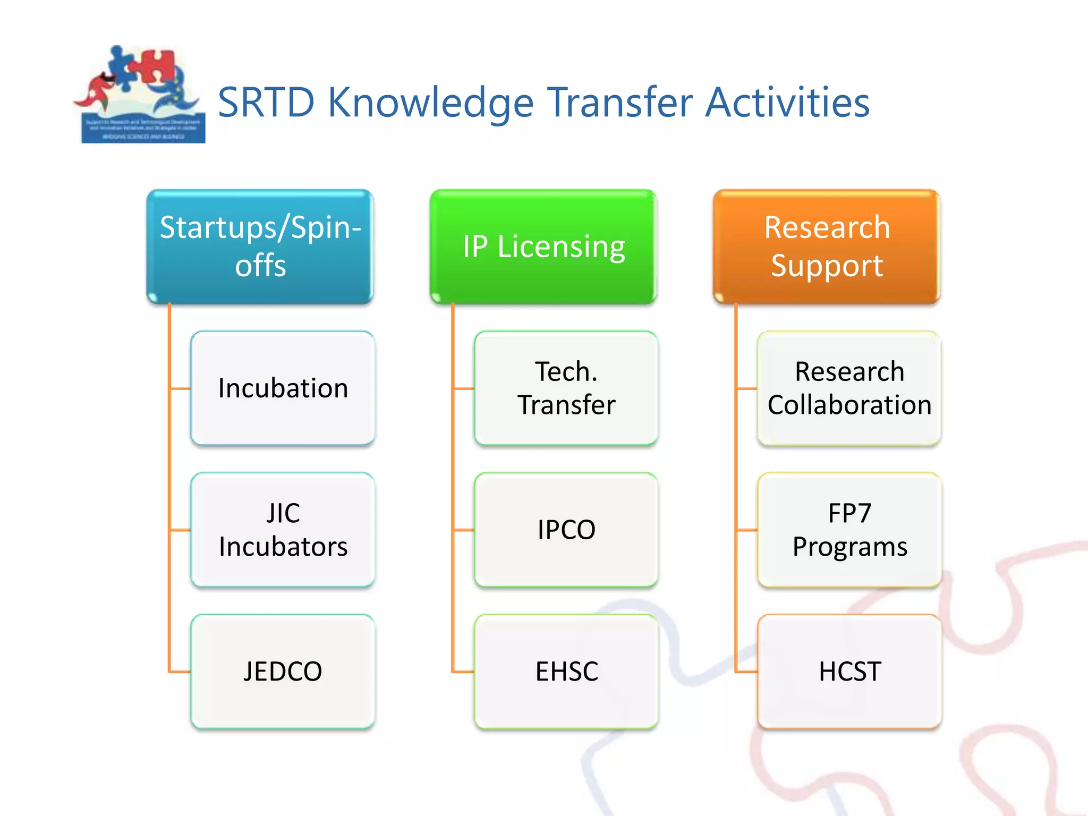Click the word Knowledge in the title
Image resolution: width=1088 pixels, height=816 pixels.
click(x=430, y=103)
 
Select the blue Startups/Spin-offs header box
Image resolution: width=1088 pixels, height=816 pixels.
click(x=260, y=246)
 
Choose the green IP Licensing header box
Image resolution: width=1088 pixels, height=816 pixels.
click(x=543, y=246)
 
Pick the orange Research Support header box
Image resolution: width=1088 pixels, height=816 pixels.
click(x=827, y=246)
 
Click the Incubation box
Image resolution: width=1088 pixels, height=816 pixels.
click(x=283, y=388)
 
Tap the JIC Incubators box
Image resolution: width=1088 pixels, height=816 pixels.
click(x=283, y=530)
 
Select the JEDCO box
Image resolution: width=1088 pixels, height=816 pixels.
click(x=283, y=671)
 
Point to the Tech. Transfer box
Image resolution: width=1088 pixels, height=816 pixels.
click(x=566, y=388)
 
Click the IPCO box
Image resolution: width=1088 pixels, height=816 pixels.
click(x=566, y=530)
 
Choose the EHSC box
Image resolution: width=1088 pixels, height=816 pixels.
click(x=566, y=671)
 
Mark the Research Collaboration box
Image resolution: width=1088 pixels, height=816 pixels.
click(x=849, y=388)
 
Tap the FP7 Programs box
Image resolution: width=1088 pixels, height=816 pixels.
click(x=849, y=530)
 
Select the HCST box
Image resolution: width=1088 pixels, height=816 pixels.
click(x=849, y=671)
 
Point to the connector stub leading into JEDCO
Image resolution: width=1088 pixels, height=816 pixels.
click(x=180, y=672)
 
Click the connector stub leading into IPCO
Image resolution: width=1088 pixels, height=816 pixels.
click(x=463, y=530)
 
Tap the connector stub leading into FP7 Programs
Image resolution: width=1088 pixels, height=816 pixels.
click(x=746, y=530)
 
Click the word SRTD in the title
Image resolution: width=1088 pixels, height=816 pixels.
click(x=266, y=102)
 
